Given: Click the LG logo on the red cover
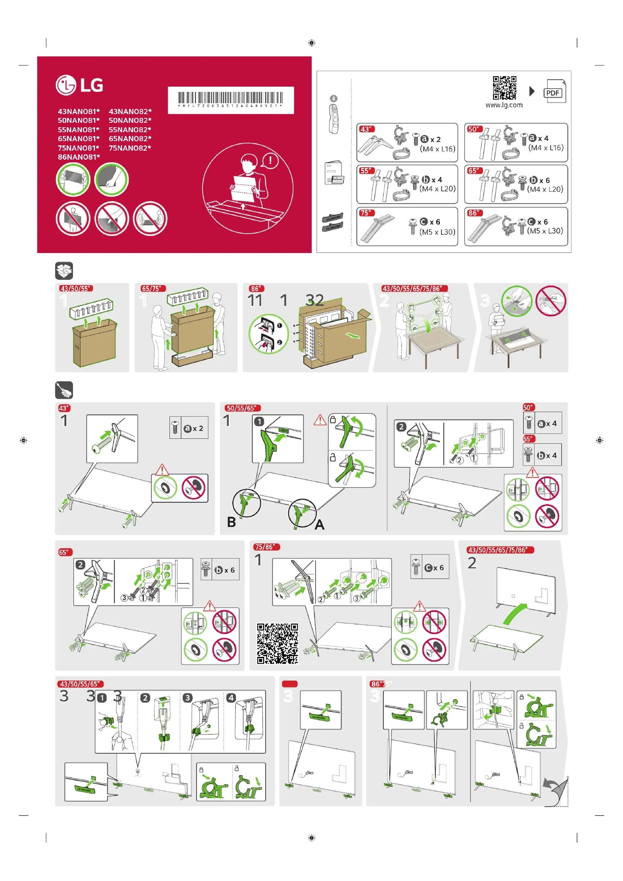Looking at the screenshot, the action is tap(79, 85).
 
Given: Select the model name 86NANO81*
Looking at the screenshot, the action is tap(79, 157).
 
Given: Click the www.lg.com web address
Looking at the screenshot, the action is tap(504, 105).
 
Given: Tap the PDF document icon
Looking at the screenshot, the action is tap(554, 91).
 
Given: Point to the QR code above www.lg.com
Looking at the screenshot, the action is tap(504, 87).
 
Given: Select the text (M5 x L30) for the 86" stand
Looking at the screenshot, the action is tap(545, 231).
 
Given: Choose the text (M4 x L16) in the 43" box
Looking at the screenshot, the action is tap(437, 149).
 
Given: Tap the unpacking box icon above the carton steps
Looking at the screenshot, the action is tap(64, 271).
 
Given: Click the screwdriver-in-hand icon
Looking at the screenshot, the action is tap(64, 390).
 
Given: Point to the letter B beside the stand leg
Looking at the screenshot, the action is tap(231, 522).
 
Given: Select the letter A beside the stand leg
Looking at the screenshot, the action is tap(319, 525).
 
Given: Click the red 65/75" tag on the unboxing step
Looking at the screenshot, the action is tap(153, 289).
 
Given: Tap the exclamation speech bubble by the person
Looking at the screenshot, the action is tap(270, 160).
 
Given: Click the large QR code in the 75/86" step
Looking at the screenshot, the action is tap(277, 643).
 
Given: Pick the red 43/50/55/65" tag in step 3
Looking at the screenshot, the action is tap(81, 684).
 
